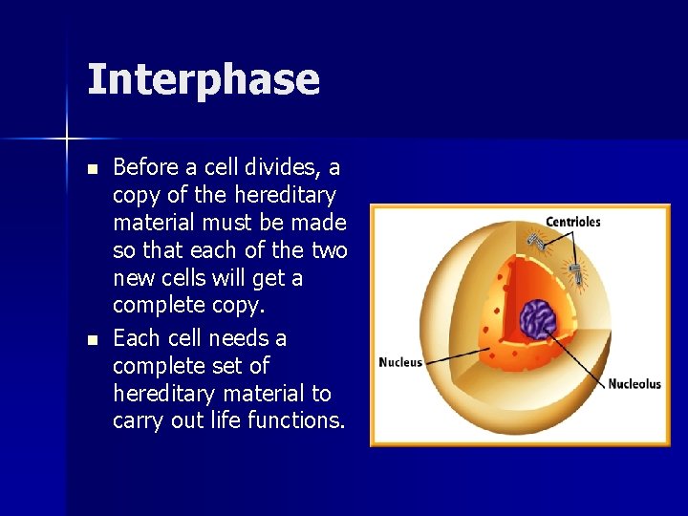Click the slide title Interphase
pos(203,79)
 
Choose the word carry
pos(139,421)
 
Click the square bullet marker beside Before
pos(92,169)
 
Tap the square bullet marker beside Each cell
pos(92,339)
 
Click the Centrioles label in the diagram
pos(572,222)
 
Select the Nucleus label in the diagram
pos(399,362)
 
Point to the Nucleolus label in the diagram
pos(634,384)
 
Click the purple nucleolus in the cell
pos(539,319)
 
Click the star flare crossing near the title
pos(67,140)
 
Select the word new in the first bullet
pos(132,278)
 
